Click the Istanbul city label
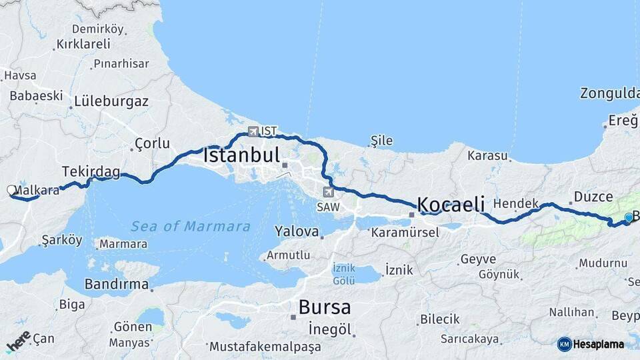(x=241, y=156)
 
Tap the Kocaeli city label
(x=451, y=204)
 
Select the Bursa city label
(x=325, y=307)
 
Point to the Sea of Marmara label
(x=191, y=226)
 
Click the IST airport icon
(x=253, y=131)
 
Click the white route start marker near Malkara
(x=11, y=190)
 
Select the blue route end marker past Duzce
(x=628, y=217)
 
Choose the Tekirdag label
(x=91, y=172)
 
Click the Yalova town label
(x=297, y=232)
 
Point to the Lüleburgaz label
(x=111, y=102)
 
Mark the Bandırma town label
(x=117, y=285)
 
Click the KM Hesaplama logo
(x=591, y=344)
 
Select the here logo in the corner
(x=18, y=341)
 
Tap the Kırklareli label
(x=83, y=44)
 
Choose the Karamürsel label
(x=405, y=233)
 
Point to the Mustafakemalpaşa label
(x=265, y=347)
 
